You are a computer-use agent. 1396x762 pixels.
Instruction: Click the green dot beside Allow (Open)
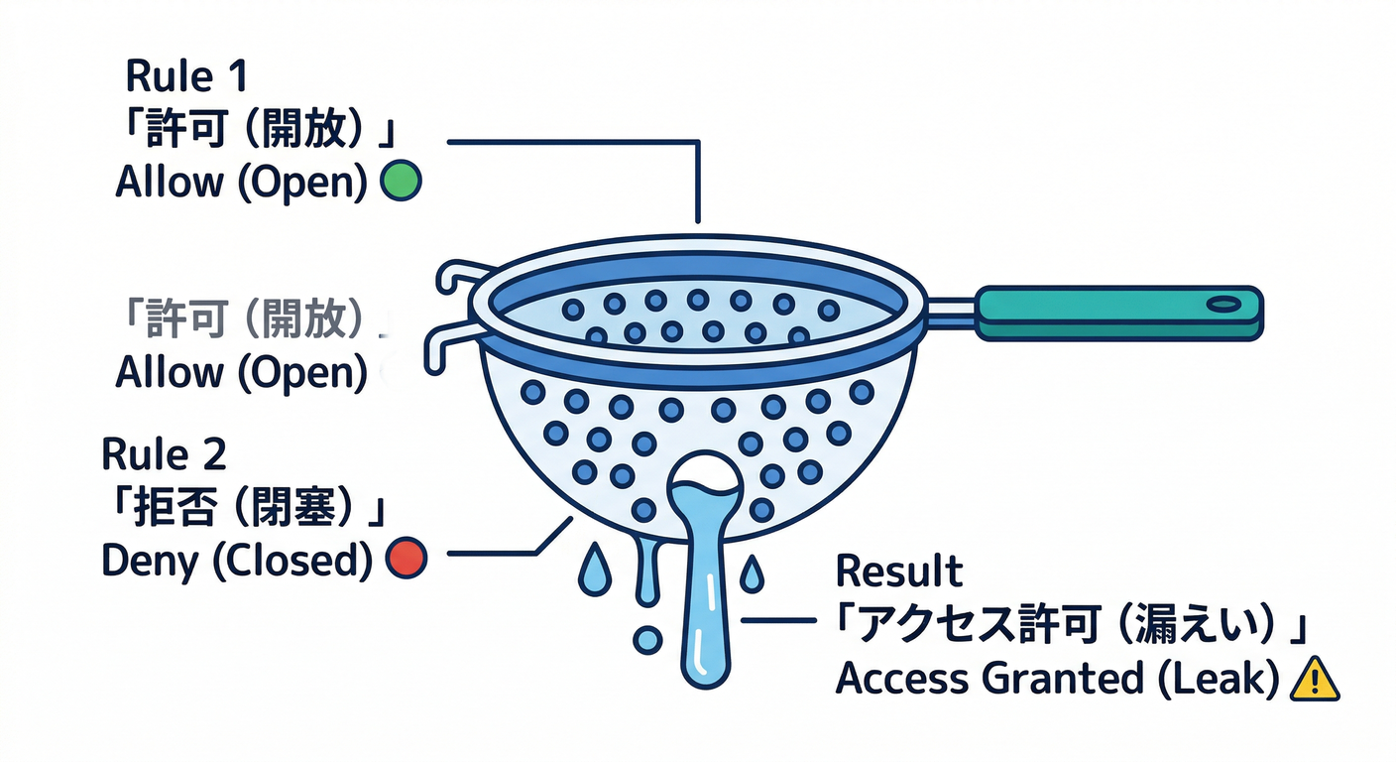pyautogui.click(x=402, y=182)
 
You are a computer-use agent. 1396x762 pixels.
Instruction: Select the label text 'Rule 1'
pyautogui.click(x=186, y=76)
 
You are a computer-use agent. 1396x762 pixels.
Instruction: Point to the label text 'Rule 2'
pyautogui.click(x=164, y=454)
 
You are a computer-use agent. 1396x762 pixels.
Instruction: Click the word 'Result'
pyautogui.click(x=898, y=572)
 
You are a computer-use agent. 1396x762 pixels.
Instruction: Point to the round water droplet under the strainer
pyautogui.click(x=646, y=640)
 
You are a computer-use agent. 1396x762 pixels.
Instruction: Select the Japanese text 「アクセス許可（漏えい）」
pyautogui.click(x=1069, y=625)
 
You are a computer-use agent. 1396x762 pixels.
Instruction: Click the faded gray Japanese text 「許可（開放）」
pyautogui.click(x=250, y=319)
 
